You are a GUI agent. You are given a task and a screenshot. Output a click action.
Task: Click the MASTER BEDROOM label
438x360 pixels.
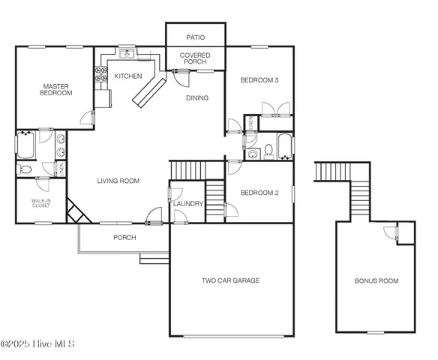tap(55, 90)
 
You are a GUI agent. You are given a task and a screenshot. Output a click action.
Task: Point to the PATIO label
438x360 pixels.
tap(194, 37)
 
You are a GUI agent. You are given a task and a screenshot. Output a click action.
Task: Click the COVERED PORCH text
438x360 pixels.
tap(194, 58)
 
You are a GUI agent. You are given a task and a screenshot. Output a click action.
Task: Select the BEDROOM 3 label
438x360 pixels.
tap(259, 79)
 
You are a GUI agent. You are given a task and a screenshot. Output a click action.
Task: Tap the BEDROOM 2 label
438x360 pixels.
tap(259, 193)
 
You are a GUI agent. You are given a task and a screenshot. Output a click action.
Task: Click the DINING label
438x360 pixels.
tap(197, 98)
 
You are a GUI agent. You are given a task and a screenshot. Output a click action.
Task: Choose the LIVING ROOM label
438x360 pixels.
tap(118, 181)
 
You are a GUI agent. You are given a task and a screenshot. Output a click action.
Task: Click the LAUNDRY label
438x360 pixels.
tap(188, 204)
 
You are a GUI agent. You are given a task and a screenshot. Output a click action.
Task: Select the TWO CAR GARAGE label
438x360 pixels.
tap(230, 280)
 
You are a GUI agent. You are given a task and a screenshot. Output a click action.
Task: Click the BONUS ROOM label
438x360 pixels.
tap(376, 281)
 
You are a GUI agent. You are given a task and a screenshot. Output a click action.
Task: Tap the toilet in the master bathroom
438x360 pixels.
tap(25, 170)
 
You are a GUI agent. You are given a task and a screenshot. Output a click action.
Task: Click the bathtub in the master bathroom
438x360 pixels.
tap(25, 145)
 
